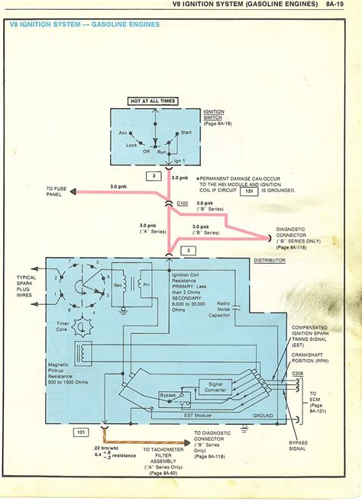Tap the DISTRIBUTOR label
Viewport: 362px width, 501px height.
click(x=269, y=261)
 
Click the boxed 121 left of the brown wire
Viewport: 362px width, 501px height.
click(x=81, y=432)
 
